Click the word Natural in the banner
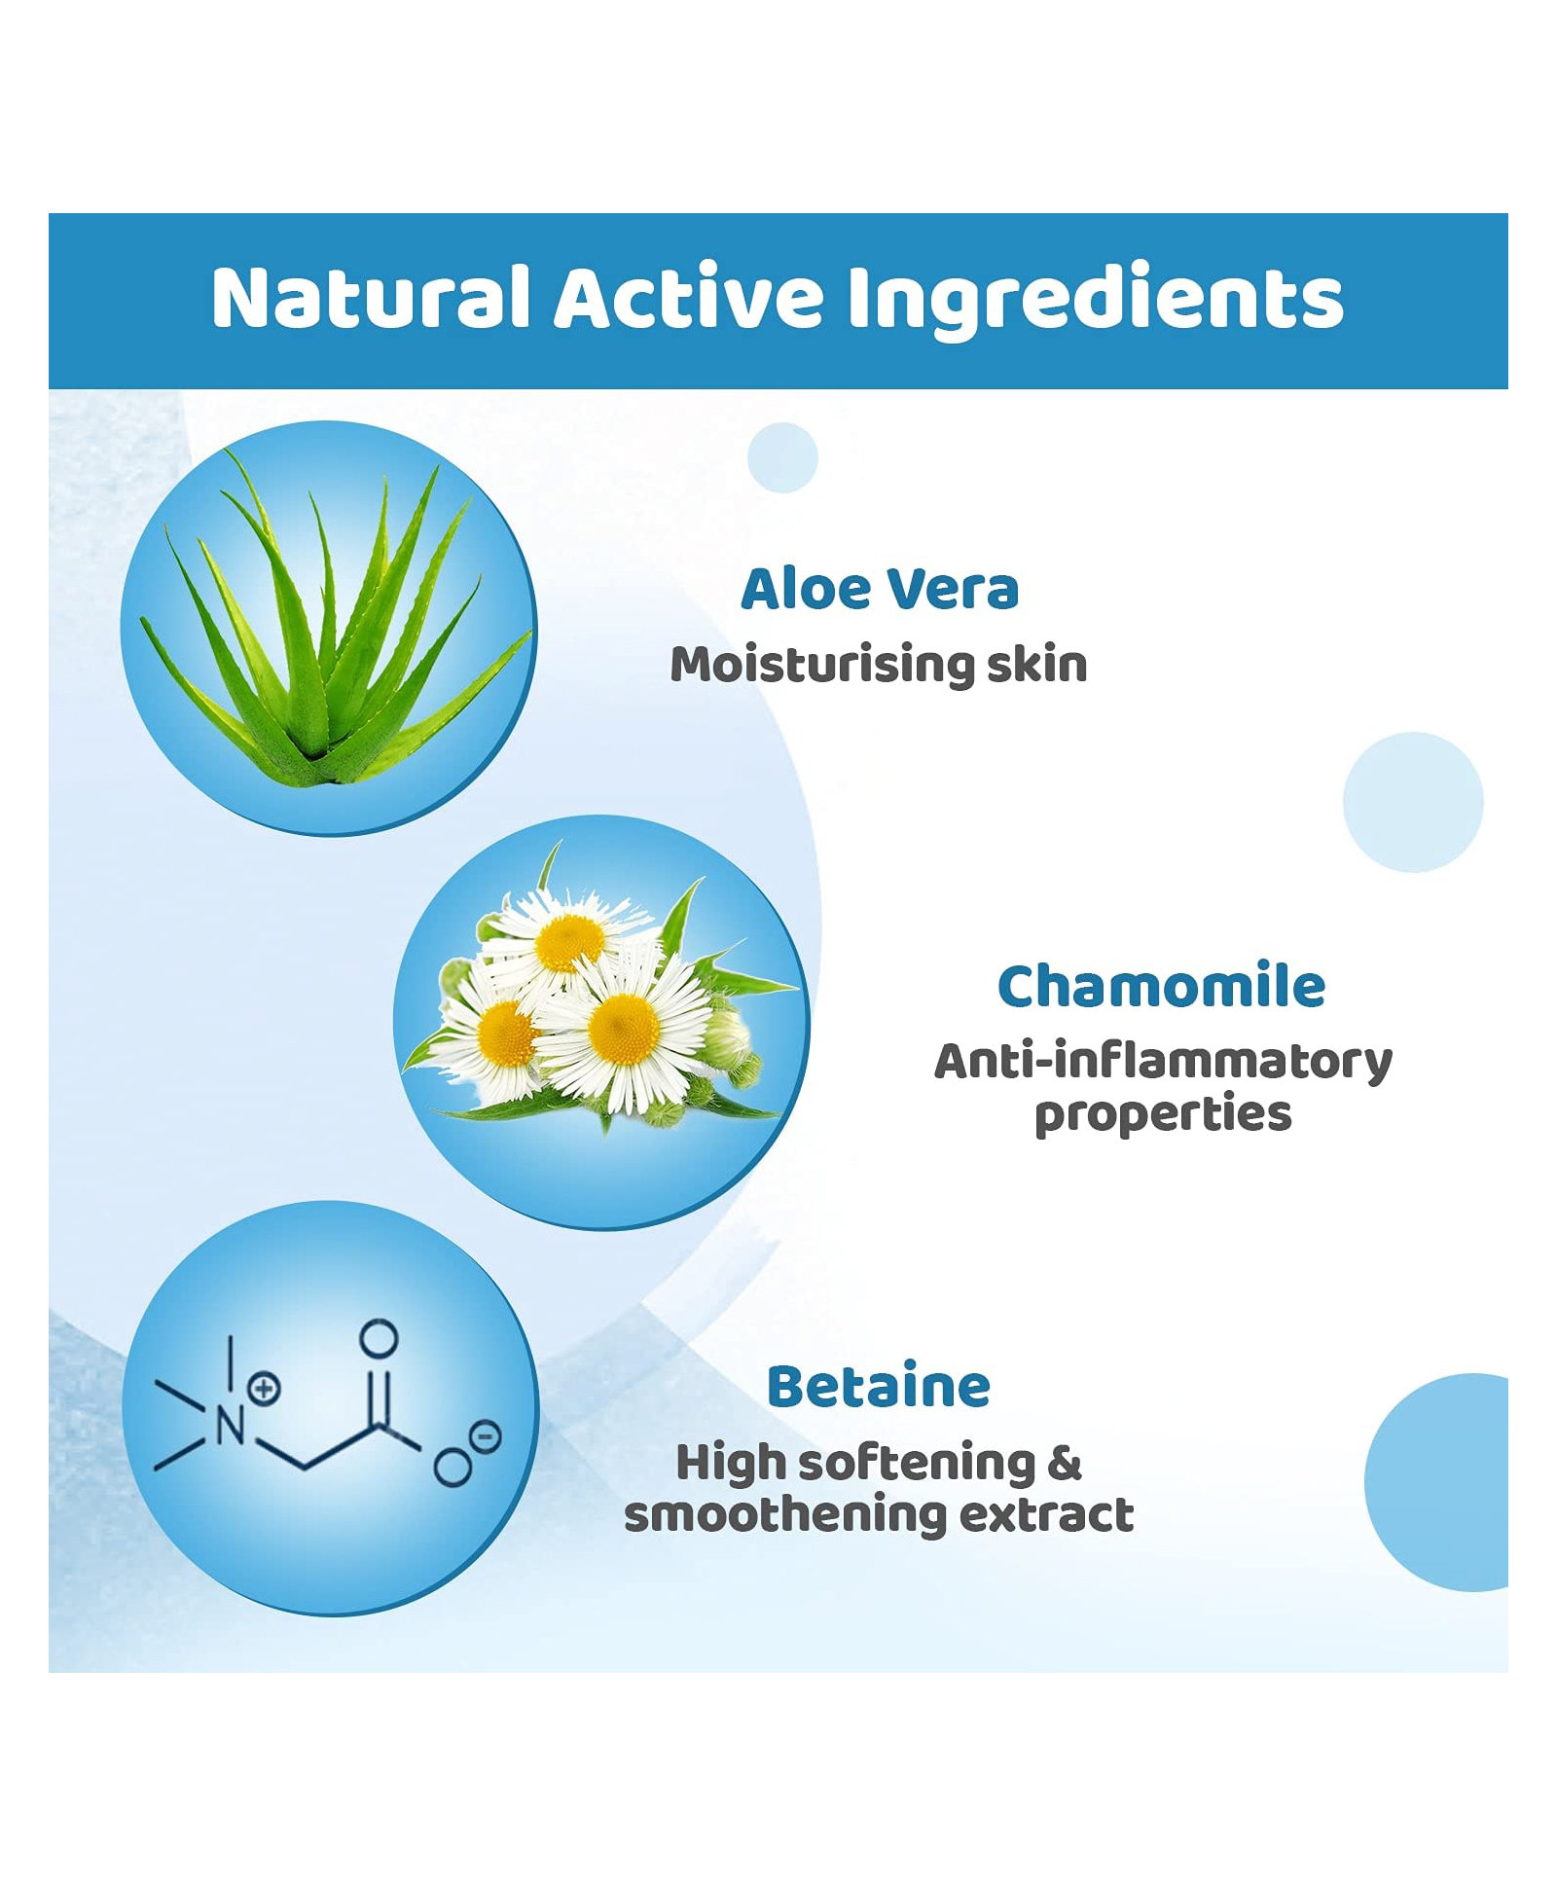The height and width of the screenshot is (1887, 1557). tap(371, 298)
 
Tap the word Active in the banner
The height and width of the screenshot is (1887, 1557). tap(689, 297)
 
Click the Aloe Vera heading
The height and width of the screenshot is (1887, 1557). tap(880, 589)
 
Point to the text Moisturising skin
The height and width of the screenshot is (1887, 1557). tap(879, 666)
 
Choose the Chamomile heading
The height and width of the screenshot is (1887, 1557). tap(1162, 987)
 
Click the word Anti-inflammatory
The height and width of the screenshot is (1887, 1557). tap(1164, 1062)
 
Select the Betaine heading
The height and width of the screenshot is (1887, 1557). tap(879, 1387)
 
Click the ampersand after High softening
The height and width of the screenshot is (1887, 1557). tap(1066, 1464)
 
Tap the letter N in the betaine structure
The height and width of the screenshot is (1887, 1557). tap(230, 1427)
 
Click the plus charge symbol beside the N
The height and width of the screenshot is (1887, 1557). tap(264, 1388)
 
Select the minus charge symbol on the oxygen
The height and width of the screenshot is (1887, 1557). tap(485, 1435)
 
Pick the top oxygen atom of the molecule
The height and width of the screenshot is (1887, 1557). tap(379, 1339)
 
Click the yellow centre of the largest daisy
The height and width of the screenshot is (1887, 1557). tap(624, 1030)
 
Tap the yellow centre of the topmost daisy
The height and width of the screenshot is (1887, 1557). tap(569, 943)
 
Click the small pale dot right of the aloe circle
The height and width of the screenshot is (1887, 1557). tap(782, 457)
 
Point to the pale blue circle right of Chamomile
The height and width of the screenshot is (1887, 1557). tap(1413, 802)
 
